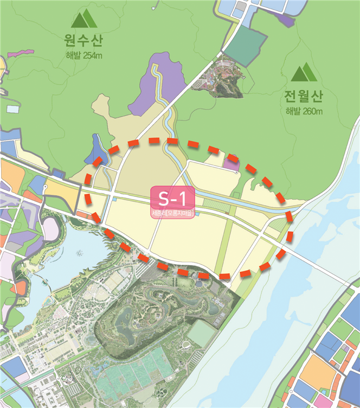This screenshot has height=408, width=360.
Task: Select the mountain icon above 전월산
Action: [x=304, y=72]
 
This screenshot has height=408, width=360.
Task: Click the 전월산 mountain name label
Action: [x=304, y=97]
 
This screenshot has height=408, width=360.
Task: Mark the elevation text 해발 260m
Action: [x=304, y=112]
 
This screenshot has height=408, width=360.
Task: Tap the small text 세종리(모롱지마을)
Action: [x=172, y=213]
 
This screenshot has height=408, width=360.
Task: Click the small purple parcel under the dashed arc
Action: [x=232, y=162]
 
